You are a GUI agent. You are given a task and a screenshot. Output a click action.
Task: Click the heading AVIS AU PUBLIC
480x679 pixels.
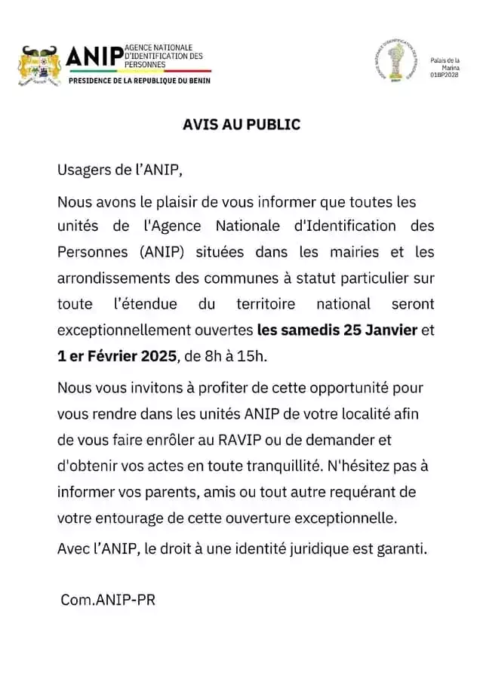(x=242, y=124)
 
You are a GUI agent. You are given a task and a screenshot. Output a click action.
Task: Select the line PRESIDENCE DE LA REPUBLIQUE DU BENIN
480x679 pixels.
(x=140, y=80)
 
